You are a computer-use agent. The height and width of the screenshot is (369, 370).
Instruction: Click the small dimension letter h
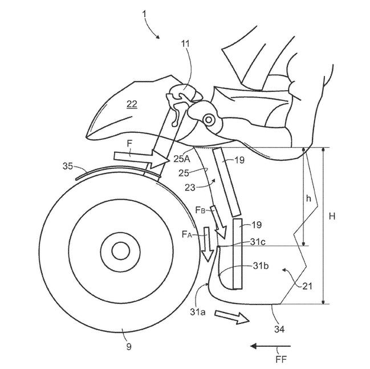[309, 198]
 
